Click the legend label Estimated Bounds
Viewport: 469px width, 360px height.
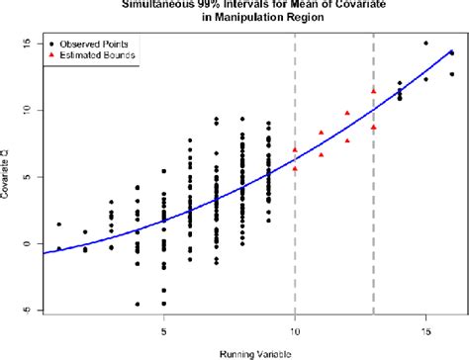(x=98, y=58)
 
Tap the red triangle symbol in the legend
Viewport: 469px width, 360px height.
(x=49, y=58)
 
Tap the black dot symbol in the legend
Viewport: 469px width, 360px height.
(x=49, y=45)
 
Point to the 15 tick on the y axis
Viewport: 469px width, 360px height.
(x=27, y=44)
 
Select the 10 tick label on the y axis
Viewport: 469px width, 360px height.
(x=27, y=110)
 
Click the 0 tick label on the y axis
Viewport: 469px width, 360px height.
(x=27, y=243)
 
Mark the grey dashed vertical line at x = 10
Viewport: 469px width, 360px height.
(x=295, y=198)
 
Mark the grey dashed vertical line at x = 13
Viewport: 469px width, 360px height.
(x=373, y=198)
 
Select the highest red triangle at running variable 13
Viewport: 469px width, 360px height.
(x=373, y=91)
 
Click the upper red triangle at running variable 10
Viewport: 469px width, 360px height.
(x=295, y=149)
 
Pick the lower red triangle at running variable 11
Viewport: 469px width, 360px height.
(x=321, y=154)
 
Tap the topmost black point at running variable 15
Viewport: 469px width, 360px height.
(x=425, y=44)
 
